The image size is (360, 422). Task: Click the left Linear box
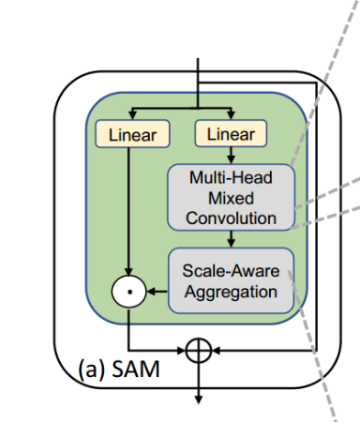coord(132,135)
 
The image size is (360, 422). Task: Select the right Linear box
coord(231,134)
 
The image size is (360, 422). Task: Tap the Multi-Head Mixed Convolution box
coord(231,197)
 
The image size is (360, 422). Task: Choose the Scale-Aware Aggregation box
coord(231,280)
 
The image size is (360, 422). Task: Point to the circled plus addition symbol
coord(197,350)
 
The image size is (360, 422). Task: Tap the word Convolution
coord(231,219)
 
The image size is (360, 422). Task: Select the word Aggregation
coord(231,292)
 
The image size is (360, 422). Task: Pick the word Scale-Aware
coord(231,270)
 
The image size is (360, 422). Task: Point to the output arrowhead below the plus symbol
coord(197,398)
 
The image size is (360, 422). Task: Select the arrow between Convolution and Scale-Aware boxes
coord(231,239)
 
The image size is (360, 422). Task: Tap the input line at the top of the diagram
coord(197,75)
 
